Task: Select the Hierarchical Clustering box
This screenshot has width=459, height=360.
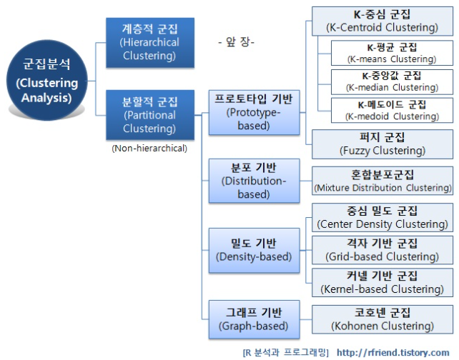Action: pos(149,42)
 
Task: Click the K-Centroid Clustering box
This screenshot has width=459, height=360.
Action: pos(382,21)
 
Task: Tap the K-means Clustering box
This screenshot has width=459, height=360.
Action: pos(392,53)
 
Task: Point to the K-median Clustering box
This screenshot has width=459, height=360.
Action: pos(392,81)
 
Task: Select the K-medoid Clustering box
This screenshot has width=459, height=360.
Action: pos(392,110)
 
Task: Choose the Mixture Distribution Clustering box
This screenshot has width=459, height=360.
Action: pos(382,181)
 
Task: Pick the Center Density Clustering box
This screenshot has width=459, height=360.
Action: pos(382,217)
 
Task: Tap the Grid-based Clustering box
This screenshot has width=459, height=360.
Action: pos(382,249)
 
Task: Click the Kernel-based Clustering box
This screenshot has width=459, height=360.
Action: pos(382,282)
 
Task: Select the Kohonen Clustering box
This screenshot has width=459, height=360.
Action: pos(382,319)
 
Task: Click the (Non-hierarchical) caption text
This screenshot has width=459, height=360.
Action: pos(149,149)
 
